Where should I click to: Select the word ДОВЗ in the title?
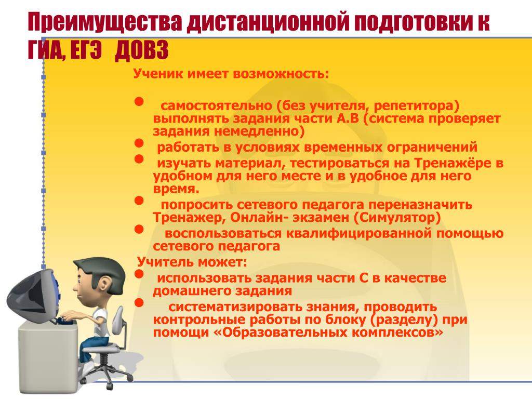pyautogui.click(x=141, y=51)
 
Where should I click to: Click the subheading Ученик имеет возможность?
pyautogui.click(x=231, y=73)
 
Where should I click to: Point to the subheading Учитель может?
pyautogui.click(x=192, y=262)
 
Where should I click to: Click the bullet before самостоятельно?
pyautogui.click(x=139, y=102)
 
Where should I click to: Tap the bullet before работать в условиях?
pyautogui.click(x=139, y=143)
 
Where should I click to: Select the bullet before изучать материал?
pyautogui.click(x=139, y=159)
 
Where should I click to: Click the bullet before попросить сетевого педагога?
pyautogui.click(x=139, y=201)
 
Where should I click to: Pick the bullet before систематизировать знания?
pyautogui.click(x=139, y=303)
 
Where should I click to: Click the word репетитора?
pyautogui.click(x=416, y=106)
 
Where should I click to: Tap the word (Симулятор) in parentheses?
pyautogui.click(x=397, y=218)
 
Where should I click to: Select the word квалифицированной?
pyautogui.click(x=360, y=233)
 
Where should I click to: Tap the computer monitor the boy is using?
pyautogui.click(x=33, y=295)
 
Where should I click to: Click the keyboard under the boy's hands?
pyautogui.click(x=64, y=320)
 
